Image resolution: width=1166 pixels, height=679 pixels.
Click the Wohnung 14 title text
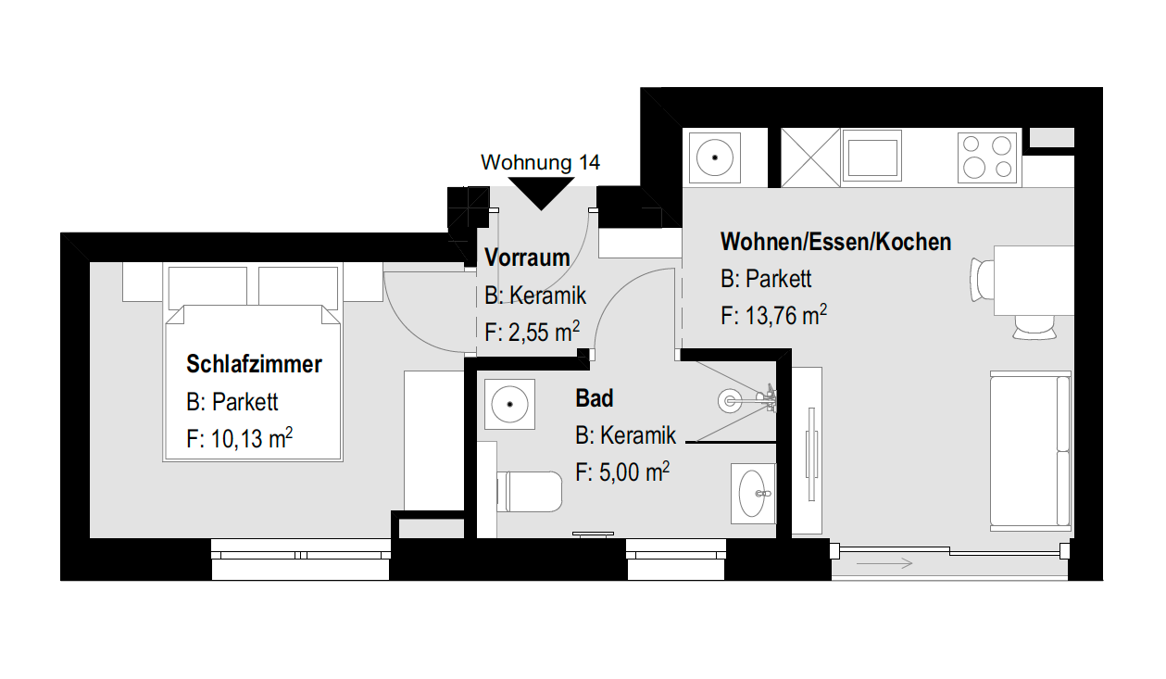coord(540,162)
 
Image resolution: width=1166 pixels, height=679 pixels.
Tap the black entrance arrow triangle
coord(541,191)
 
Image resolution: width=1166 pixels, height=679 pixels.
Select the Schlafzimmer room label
coord(254,364)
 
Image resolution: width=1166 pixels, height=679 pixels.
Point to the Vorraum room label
coord(527,258)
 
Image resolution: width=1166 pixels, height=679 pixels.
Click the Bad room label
coord(595,398)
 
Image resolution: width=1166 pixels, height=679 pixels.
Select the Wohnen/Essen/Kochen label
coord(835,242)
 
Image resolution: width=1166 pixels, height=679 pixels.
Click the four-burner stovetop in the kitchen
coord(987,157)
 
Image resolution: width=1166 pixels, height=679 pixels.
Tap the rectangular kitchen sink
coord(871,156)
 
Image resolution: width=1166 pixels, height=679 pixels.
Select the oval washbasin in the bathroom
coord(753,493)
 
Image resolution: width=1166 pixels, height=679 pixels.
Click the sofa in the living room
coord(1030,451)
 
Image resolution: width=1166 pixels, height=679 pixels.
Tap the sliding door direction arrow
coord(884,563)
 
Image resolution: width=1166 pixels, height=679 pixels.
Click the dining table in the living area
coord(1034,281)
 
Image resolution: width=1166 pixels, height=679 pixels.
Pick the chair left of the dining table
coord(983,280)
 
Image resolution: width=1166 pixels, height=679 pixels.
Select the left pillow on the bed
coord(207,285)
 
